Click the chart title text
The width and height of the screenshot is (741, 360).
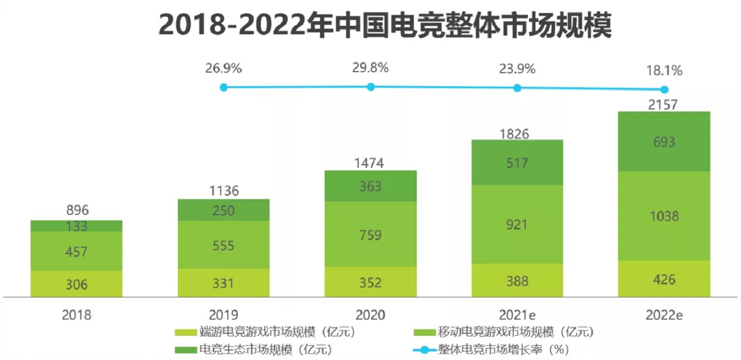(x=385, y=25)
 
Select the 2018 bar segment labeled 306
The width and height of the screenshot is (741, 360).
(x=76, y=284)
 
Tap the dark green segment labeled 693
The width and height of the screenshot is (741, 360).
(x=664, y=142)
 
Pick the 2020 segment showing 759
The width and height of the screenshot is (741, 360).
(x=370, y=234)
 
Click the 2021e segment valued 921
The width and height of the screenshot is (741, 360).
(x=517, y=224)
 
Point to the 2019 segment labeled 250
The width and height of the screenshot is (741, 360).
(x=224, y=210)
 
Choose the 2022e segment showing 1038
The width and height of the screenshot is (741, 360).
(x=664, y=216)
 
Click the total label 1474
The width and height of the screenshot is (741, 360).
(x=370, y=163)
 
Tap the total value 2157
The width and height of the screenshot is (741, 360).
(x=664, y=104)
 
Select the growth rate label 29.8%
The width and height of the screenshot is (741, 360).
(x=370, y=68)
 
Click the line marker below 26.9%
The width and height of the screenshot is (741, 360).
(x=224, y=87)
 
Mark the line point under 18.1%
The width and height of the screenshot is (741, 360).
(x=664, y=89)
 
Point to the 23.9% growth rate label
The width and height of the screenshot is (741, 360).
(x=517, y=69)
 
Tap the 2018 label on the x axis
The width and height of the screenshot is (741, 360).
(x=76, y=315)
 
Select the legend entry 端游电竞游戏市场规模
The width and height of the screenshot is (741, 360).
(x=265, y=332)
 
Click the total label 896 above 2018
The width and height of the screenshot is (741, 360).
(x=76, y=211)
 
